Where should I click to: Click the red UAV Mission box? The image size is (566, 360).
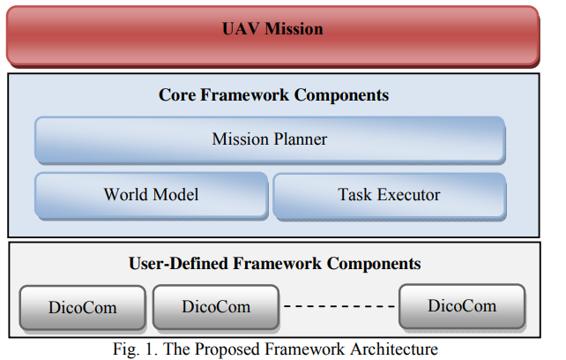(273, 36)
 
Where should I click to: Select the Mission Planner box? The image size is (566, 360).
(270, 140)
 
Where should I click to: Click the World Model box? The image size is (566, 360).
(152, 196)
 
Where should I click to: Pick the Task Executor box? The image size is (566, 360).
(390, 196)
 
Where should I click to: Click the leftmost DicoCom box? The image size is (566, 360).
(83, 308)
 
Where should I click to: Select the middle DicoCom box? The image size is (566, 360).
(216, 307)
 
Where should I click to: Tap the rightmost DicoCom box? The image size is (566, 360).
(462, 306)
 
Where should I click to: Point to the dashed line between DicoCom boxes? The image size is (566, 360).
(339, 306)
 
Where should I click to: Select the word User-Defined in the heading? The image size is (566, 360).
(179, 264)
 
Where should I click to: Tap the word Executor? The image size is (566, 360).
(408, 194)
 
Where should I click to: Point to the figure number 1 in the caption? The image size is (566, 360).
(150, 349)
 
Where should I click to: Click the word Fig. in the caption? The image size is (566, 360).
(126, 350)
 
